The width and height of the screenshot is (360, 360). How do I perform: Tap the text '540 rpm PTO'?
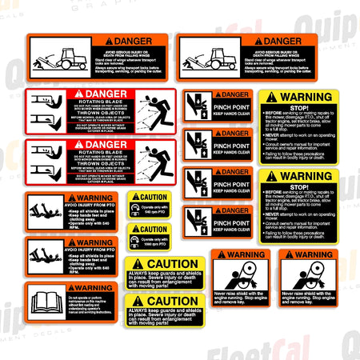158,210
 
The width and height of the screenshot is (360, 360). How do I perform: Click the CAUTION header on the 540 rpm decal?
151,197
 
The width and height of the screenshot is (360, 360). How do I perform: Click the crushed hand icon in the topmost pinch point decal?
197,106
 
